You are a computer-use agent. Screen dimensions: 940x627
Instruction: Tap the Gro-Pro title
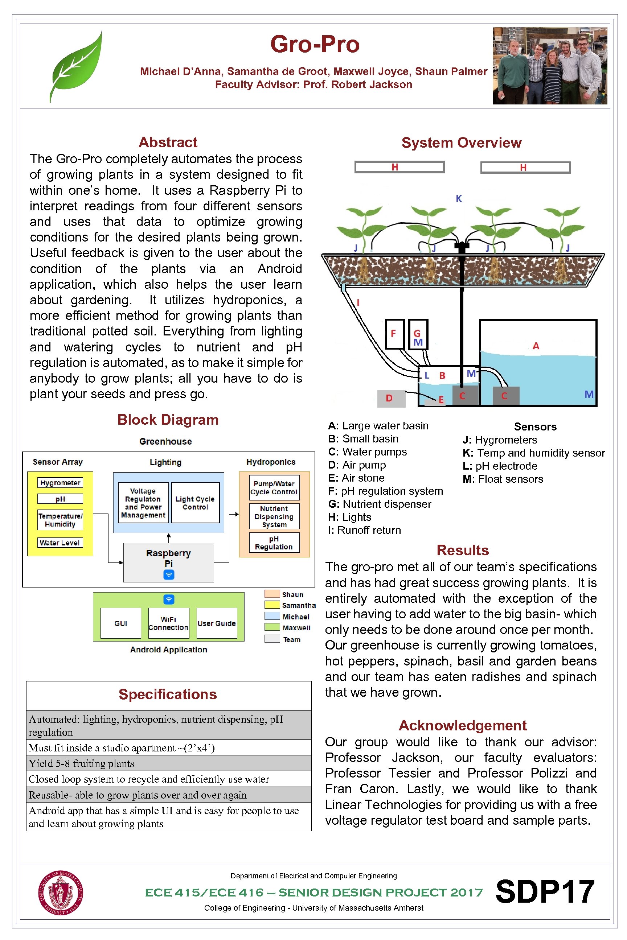pyautogui.click(x=315, y=44)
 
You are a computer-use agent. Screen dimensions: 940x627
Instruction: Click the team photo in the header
pyautogui.click(x=550, y=66)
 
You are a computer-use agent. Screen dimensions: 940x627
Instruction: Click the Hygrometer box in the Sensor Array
pyautogui.click(x=60, y=483)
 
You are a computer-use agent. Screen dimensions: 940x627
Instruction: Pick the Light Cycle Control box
pyautogui.click(x=195, y=503)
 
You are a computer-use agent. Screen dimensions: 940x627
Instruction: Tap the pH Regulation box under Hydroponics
pyautogui.click(x=274, y=543)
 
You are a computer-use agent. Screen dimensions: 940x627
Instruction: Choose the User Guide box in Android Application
pyautogui.click(x=217, y=623)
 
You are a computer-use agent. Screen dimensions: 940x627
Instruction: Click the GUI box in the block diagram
pyautogui.click(x=121, y=623)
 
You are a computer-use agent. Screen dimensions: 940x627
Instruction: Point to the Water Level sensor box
pyautogui.click(x=60, y=543)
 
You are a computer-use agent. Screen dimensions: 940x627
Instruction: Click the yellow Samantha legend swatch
pyautogui.click(x=272, y=605)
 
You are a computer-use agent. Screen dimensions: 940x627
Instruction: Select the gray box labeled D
pyautogui.click(x=391, y=398)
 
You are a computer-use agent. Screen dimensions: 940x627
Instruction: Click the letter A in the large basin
pyautogui.click(x=536, y=346)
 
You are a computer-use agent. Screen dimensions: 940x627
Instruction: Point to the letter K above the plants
pyautogui.click(x=459, y=199)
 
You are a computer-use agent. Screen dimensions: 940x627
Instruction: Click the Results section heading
pyautogui.click(x=463, y=551)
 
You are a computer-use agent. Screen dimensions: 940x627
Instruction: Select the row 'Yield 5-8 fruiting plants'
pyautogui.click(x=168, y=763)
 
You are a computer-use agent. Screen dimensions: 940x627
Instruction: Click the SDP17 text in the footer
pyautogui.click(x=545, y=892)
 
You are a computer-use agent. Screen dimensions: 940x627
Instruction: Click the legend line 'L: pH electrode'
pyautogui.click(x=500, y=466)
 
